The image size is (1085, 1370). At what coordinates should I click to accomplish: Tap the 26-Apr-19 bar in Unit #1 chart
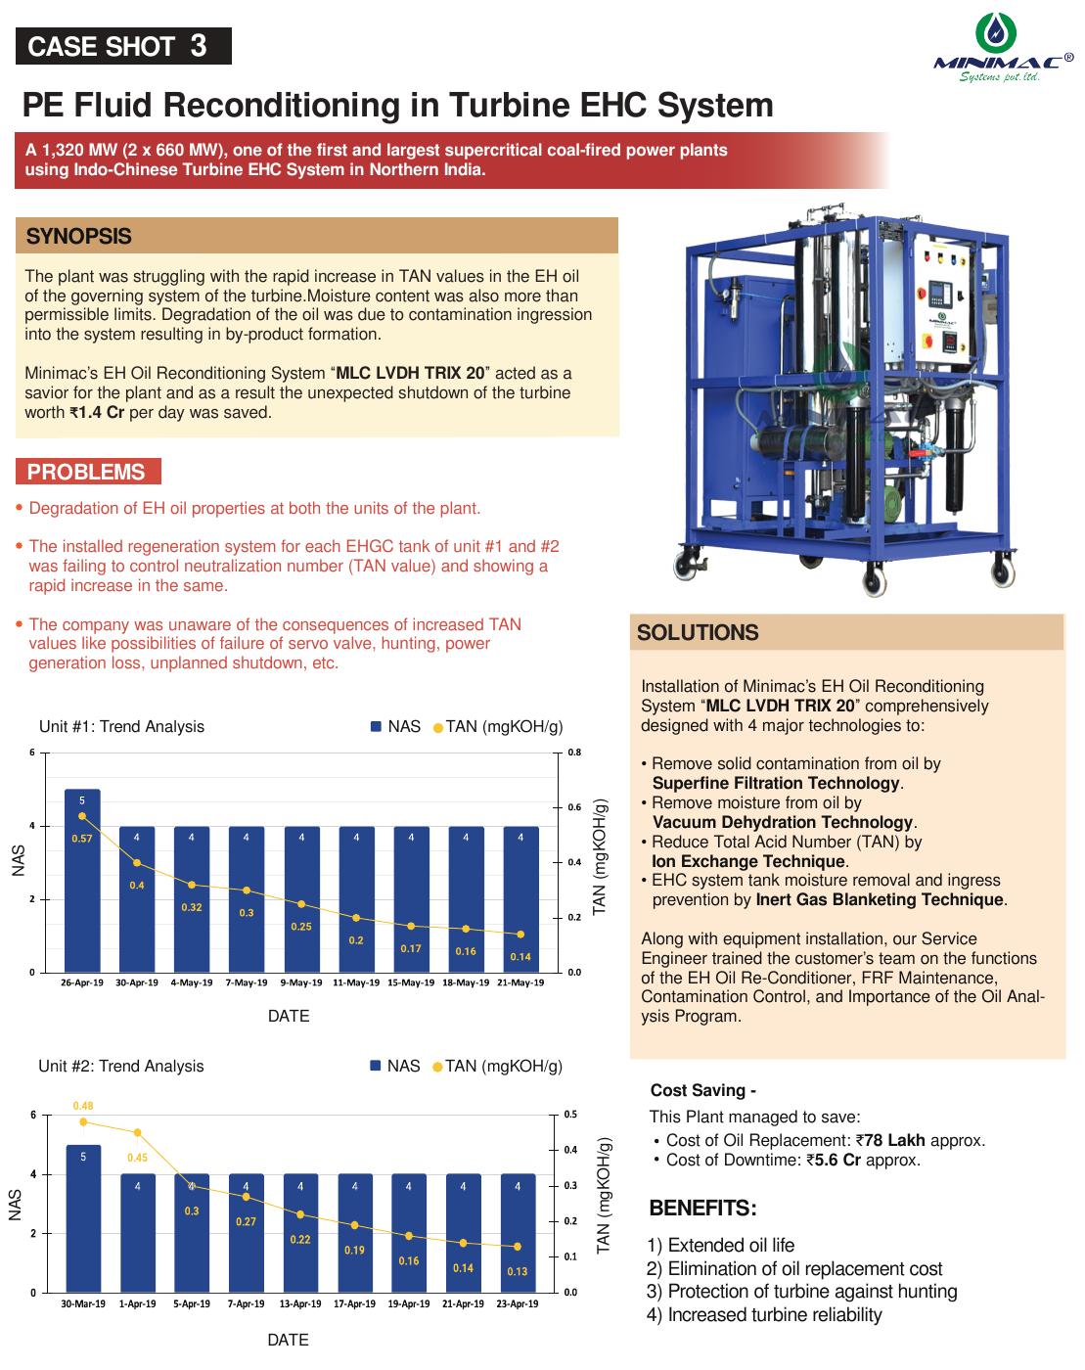coord(82,881)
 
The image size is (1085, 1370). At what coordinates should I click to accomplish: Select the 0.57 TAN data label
coord(81,839)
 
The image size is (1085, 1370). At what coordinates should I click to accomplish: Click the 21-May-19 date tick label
coord(520,982)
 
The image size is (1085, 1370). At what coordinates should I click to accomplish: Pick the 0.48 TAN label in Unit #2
coord(83,1106)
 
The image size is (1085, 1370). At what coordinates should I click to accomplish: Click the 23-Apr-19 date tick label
coord(517,1303)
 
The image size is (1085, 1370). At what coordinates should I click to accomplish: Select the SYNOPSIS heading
coord(79,237)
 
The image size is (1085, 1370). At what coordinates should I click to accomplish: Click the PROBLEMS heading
coord(86,472)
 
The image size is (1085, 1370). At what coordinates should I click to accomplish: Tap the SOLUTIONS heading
coord(698,633)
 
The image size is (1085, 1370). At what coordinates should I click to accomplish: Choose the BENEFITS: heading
coord(702,1209)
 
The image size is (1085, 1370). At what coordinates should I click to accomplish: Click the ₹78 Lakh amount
coord(890,1140)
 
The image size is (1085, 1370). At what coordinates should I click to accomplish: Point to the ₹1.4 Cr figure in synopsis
coord(97,413)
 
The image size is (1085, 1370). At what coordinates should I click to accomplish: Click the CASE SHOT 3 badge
coord(123,46)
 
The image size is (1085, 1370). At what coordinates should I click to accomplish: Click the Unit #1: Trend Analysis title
coord(121,726)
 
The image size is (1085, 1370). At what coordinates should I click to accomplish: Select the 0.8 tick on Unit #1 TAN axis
coord(574,753)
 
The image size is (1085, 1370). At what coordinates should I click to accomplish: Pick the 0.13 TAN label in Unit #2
coord(517,1272)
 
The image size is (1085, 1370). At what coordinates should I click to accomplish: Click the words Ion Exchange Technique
coord(748,861)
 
